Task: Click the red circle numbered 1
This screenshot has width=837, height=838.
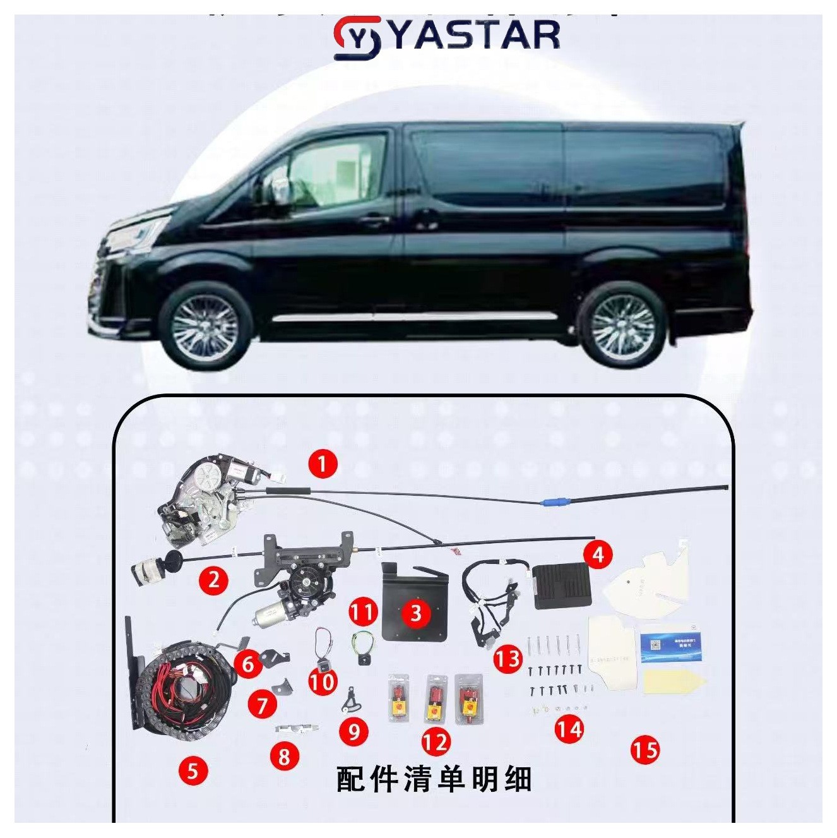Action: coord(323,464)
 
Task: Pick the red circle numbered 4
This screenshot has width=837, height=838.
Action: coord(598,554)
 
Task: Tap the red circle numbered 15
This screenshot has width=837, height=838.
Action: coord(644,750)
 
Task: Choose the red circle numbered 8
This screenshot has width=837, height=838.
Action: coord(284,756)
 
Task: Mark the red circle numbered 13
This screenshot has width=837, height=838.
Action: coord(508,659)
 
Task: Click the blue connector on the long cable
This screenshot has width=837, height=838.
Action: coord(555,503)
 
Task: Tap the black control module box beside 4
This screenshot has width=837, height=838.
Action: coord(561,586)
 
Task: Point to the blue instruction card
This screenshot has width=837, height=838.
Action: coord(670,648)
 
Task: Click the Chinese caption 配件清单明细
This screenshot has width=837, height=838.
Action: coord(434,779)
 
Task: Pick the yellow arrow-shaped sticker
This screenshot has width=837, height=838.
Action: coord(673,683)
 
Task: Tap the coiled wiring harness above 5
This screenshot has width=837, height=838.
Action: coord(183,688)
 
